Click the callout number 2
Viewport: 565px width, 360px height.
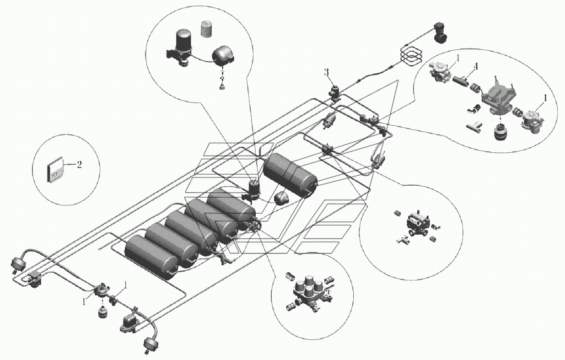[x=79, y=165]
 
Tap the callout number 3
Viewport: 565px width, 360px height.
[x=327, y=72]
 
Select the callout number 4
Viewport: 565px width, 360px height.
[x=476, y=66]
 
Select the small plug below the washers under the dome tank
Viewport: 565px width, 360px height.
[x=222, y=87]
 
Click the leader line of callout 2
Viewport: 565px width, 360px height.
[x=69, y=164]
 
